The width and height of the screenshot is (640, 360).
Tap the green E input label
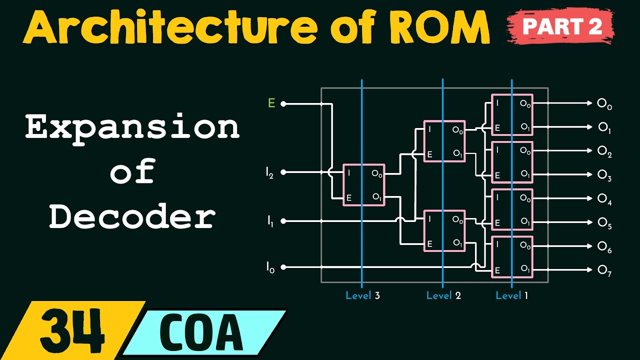pyautogui.click(x=271, y=103)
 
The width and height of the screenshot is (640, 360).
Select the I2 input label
pyautogui.click(x=269, y=172)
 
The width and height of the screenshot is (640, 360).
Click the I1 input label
pyautogui.click(x=269, y=220)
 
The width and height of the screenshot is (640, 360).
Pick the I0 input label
pyautogui.click(x=269, y=267)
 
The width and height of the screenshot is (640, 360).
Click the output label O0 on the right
pyautogui.click(x=604, y=104)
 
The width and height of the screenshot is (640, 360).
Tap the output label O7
pyautogui.click(x=604, y=270)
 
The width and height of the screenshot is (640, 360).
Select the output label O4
pyautogui.click(x=604, y=199)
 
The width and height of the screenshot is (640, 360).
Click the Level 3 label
pyautogui.click(x=362, y=295)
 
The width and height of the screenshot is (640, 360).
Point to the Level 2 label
pyautogui.click(x=443, y=295)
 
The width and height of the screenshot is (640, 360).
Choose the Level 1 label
pyautogui.click(x=511, y=295)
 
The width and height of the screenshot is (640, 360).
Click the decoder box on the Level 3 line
pyautogui.click(x=363, y=185)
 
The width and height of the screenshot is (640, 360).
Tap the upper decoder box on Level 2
pyautogui.click(x=444, y=141)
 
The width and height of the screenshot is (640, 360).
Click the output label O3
pyautogui.click(x=604, y=175)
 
